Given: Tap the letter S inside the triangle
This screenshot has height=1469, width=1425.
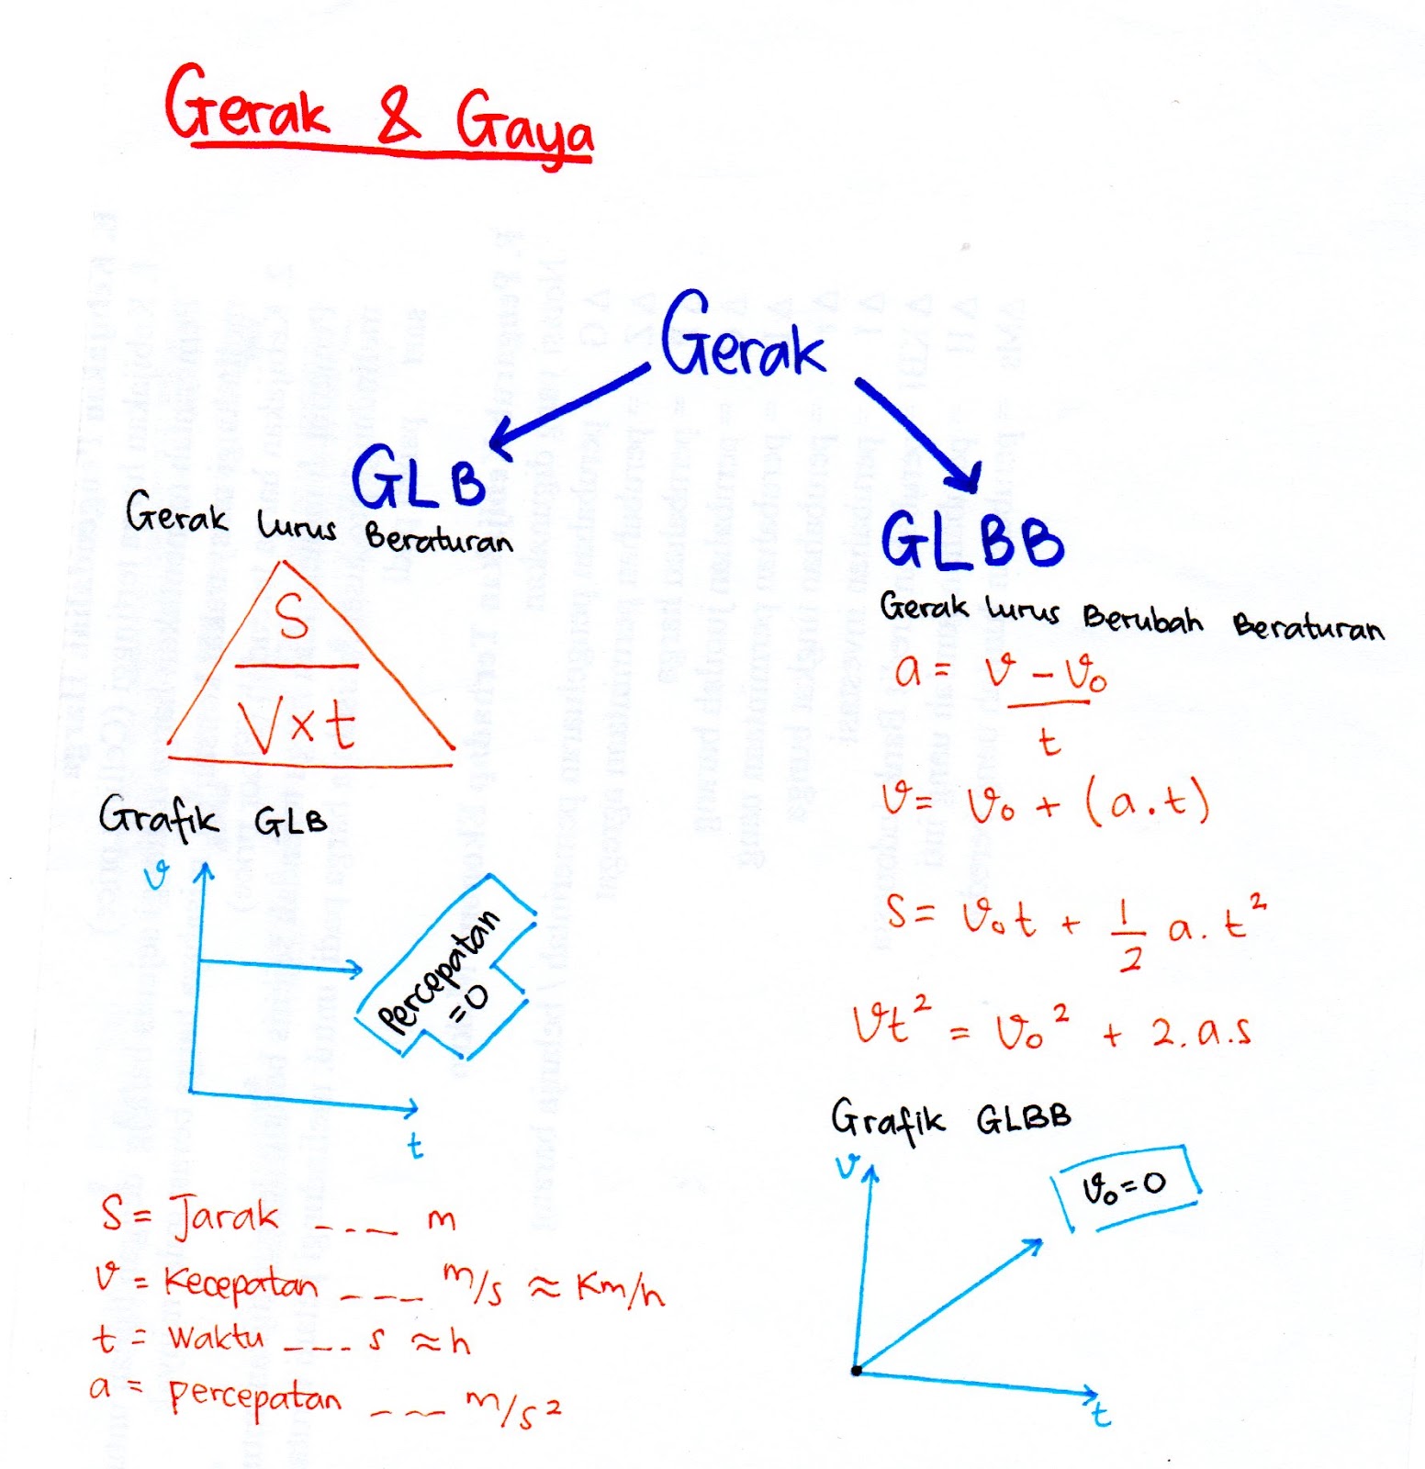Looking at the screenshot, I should [292, 617].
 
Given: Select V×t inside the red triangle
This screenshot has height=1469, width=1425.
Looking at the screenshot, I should [296, 723].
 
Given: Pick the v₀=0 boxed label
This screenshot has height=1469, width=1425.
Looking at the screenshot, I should [1126, 1187].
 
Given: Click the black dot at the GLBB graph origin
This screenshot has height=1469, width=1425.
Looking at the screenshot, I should [856, 1371].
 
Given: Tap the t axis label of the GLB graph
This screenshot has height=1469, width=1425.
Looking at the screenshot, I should [415, 1146].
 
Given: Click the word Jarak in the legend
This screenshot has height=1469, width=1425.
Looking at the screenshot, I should [223, 1217].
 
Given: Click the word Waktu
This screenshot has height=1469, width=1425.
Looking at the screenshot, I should [215, 1338].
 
